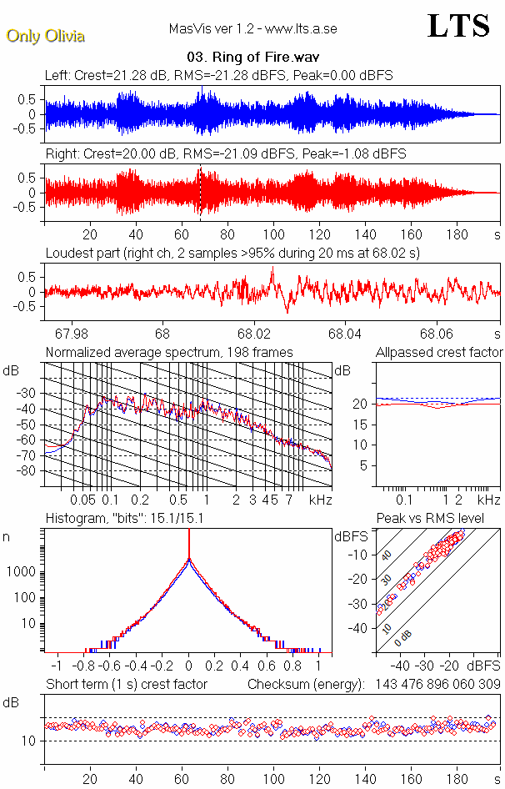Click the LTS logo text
(457, 27)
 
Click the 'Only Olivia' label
(46, 36)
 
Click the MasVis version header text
(252, 29)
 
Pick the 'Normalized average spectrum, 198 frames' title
(169, 353)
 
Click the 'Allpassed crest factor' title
(439, 353)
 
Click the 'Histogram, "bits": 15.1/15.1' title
(137, 519)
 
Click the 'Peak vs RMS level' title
(442, 519)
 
